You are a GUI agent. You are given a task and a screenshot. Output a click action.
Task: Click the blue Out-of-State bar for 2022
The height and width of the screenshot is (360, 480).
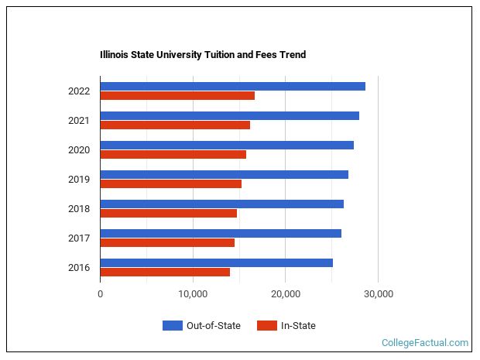(x=232, y=86)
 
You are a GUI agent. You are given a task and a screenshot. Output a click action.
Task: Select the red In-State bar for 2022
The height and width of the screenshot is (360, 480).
(x=177, y=96)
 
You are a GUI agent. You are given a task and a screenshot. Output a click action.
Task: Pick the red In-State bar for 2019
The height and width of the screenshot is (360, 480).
(x=170, y=184)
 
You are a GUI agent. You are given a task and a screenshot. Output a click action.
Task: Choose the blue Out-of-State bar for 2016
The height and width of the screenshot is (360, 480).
(x=216, y=262)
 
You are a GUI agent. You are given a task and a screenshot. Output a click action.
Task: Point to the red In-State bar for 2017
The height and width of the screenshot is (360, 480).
(x=167, y=243)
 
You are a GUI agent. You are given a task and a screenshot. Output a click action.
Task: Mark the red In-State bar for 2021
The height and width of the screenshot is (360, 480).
(x=175, y=125)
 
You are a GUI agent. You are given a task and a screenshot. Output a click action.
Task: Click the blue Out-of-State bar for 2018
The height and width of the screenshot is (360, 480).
(x=221, y=204)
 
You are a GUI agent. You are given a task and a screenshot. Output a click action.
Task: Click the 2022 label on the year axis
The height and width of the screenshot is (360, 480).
(x=79, y=91)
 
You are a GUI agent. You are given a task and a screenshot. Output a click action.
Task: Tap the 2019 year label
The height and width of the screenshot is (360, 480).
(x=79, y=180)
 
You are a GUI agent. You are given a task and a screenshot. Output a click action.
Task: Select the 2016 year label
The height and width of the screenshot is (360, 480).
(x=79, y=268)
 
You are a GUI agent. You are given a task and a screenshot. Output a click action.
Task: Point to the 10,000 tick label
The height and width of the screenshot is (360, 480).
(x=193, y=294)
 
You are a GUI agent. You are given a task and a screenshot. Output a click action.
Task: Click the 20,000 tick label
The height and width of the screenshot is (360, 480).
(x=285, y=294)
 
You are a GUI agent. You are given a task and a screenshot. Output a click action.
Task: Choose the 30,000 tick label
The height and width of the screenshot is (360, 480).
(x=378, y=294)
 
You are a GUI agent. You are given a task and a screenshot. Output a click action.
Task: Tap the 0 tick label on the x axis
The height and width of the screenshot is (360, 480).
(x=101, y=294)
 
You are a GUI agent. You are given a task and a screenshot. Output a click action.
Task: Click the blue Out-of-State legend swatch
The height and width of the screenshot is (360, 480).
(x=172, y=326)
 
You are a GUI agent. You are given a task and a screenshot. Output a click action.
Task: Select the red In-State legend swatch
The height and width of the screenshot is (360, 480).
(x=266, y=326)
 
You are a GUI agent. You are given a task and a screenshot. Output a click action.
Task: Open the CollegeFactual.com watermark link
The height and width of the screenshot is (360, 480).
(x=425, y=342)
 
